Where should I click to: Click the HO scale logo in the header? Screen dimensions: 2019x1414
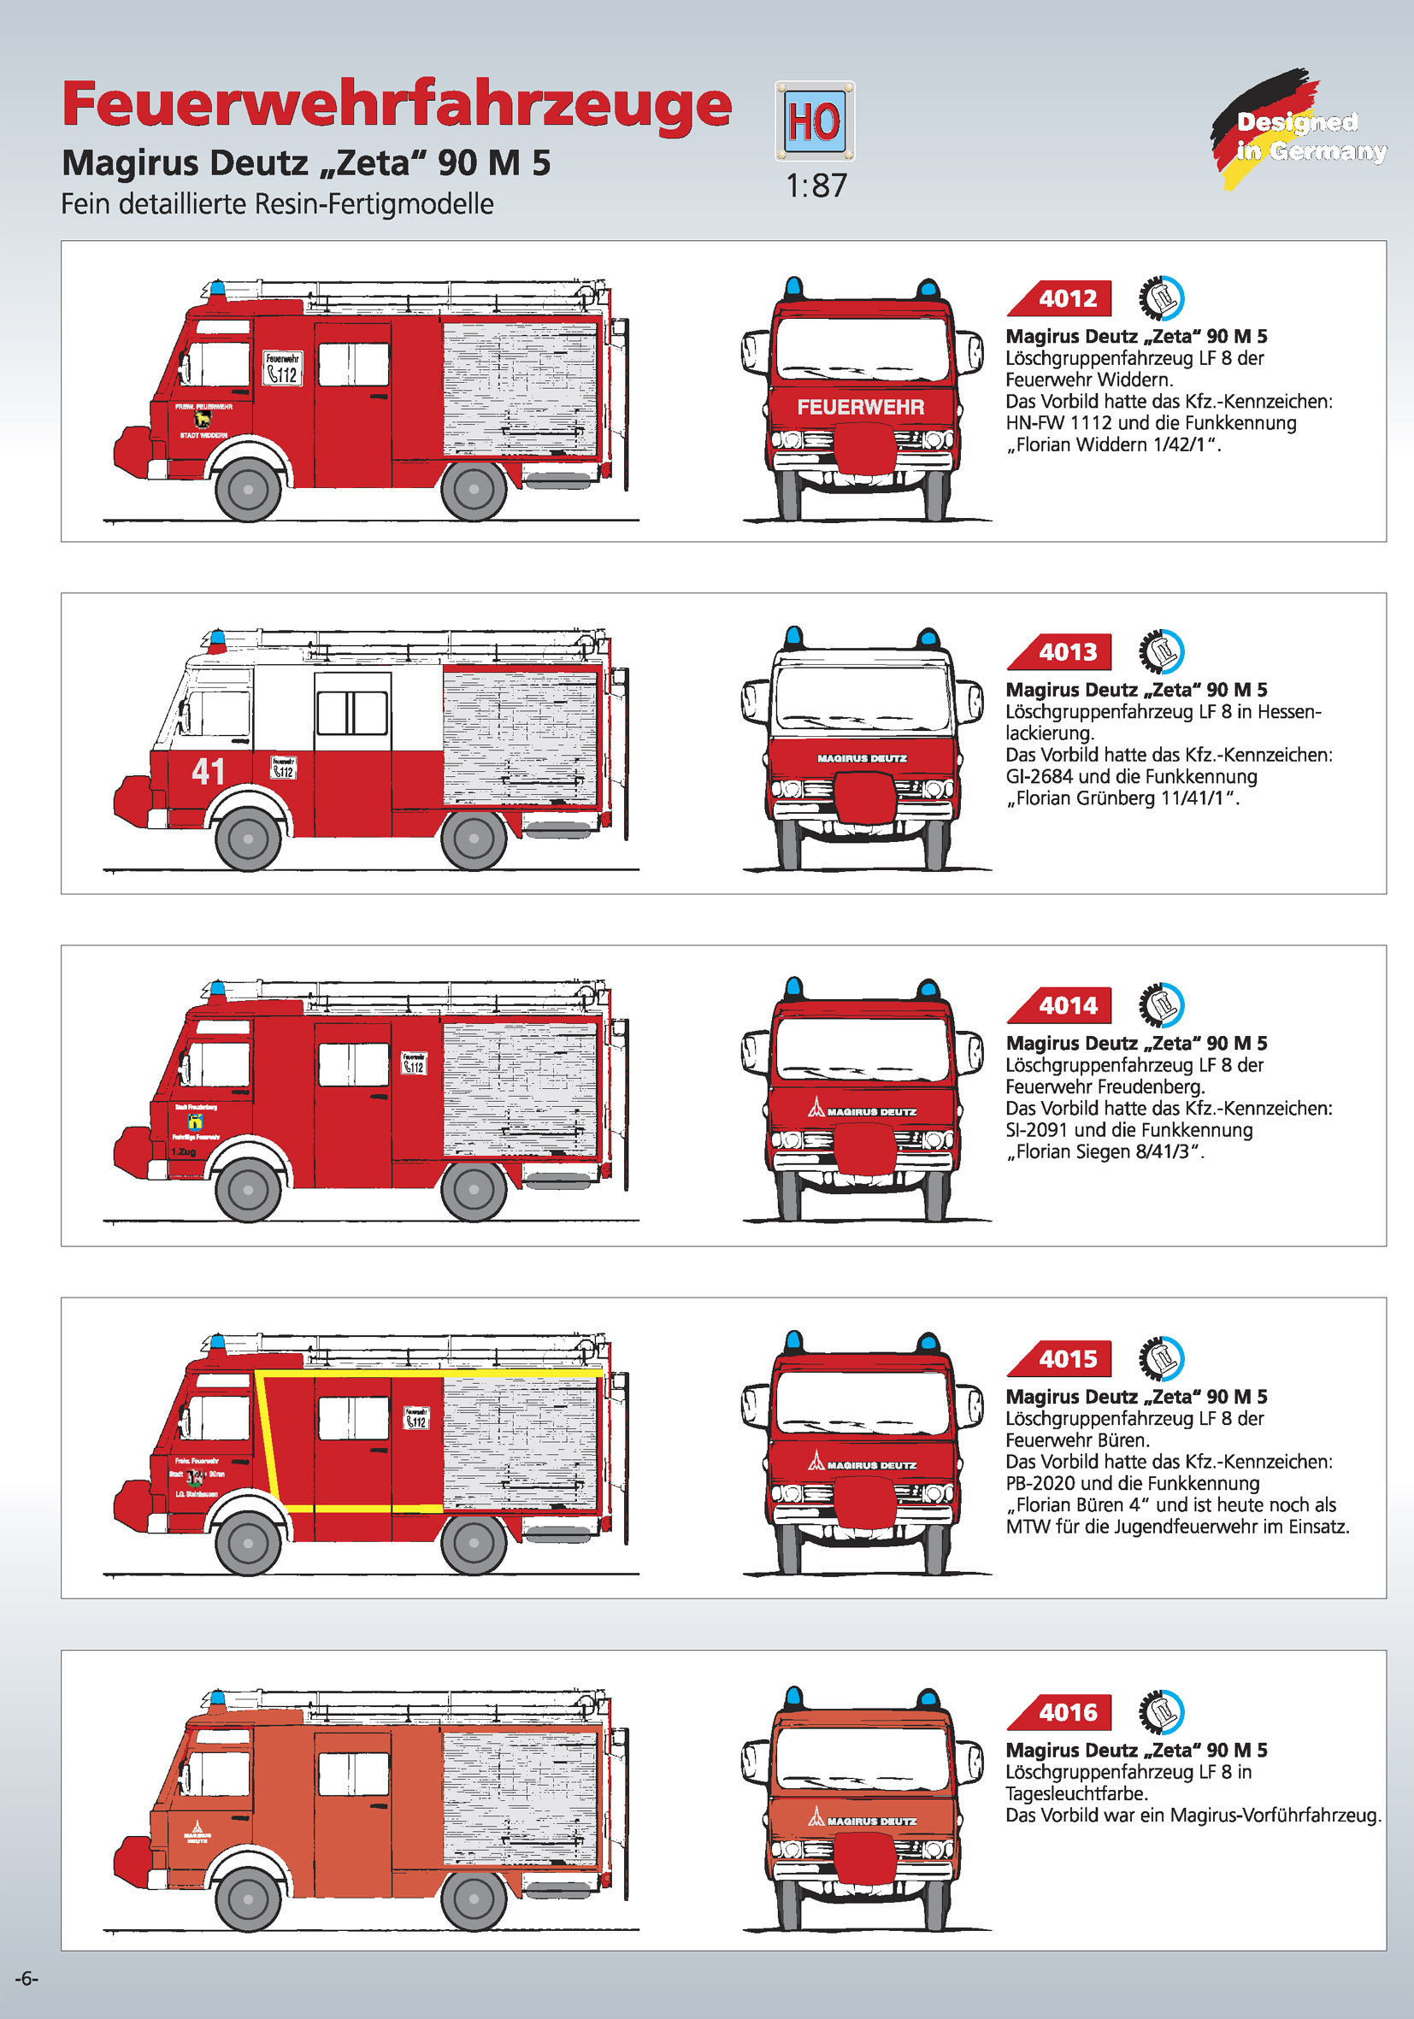(x=814, y=121)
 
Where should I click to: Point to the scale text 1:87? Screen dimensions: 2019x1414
(x=816, y=185)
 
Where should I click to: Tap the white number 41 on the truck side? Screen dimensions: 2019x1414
(x=209, y=771)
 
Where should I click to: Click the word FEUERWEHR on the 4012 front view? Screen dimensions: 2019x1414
(x=860, y=407)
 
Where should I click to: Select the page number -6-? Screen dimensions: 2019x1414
(x=27, y=1978)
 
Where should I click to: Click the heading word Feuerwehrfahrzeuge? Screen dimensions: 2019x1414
(x=396, y=104)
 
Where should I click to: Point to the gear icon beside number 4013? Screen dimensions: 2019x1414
(x=1161, y=651)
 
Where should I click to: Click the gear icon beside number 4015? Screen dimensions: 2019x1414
(x=1161, y=1358)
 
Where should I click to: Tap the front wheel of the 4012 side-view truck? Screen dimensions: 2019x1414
(x=248, y=489)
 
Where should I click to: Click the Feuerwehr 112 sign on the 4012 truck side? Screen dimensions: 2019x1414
(x=282, y=368)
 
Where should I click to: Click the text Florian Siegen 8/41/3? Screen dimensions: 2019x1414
(x=1105, y=1152)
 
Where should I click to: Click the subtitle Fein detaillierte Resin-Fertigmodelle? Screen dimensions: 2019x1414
(x=277, y=204)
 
